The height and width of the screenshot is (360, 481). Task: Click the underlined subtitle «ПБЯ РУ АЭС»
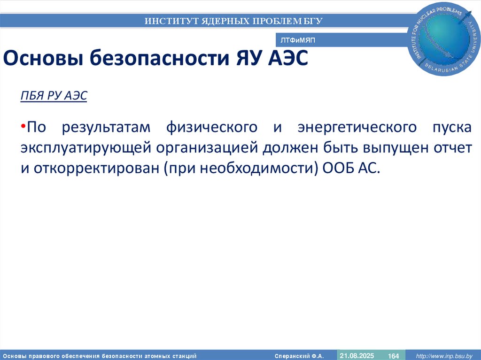tap(54, 96)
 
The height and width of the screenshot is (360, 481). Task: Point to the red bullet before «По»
tap(23, 127)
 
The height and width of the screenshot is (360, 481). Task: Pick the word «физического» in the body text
tap(212, 127)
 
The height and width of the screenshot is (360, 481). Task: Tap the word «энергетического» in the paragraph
tap(357, 127)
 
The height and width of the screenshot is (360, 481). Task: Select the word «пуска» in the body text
tap(450, 127)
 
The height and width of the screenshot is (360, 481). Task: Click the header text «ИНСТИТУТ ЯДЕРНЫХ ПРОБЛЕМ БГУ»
tap(234, 21)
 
